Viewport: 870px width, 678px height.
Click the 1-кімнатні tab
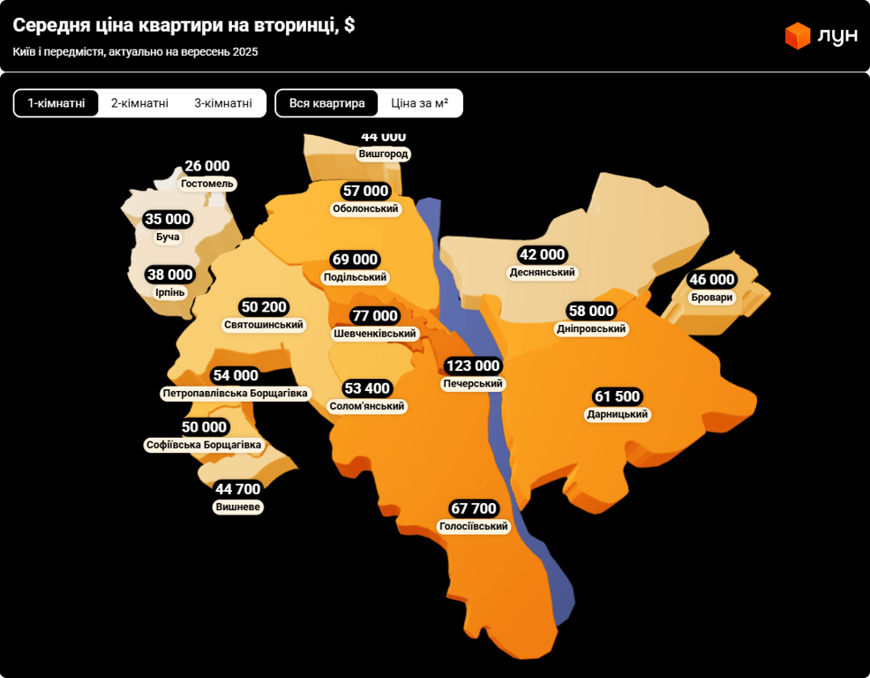pos(56,103)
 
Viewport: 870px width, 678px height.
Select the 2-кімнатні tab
pos(139,103)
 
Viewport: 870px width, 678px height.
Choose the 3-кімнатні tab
pos(223,103)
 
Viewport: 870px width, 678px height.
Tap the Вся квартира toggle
pos(326,103)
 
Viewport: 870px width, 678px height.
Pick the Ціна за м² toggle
pos(420,103)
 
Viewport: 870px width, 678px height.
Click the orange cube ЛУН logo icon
pos(798,35)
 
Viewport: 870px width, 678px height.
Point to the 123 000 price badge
pos(473,366)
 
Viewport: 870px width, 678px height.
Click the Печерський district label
pos(473,384)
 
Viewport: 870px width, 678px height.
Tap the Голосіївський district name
pos(474,527)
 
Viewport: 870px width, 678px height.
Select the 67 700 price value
pos(474,509)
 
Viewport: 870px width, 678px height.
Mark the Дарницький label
pos(618,415)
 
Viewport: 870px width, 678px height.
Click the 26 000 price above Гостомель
pos(207,166)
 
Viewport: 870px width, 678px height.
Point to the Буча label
pos(168,237)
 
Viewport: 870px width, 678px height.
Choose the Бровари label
pos(712,298)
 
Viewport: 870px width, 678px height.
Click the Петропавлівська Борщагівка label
pos(236,393)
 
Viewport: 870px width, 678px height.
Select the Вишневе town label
pos(238,508)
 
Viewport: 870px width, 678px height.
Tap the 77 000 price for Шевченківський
pos(374,316)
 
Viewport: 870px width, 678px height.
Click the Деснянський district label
pos(542,273)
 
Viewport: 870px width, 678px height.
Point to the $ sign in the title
pos(349,26)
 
